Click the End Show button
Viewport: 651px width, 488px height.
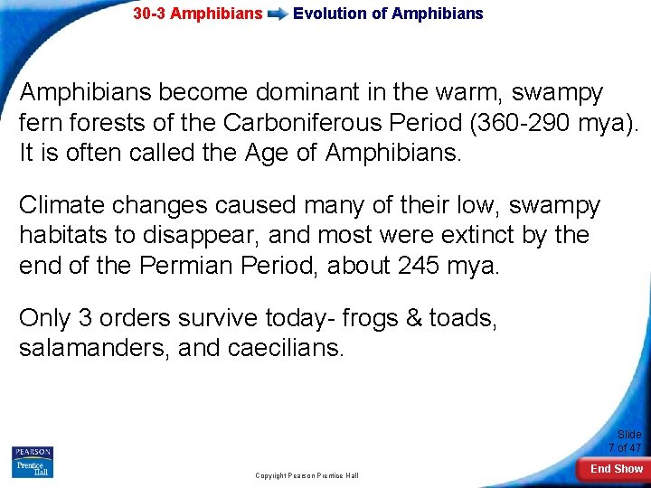(616, 468)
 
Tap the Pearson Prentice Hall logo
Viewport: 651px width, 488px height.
(32, 462)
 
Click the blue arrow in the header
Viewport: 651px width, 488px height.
(278, 14)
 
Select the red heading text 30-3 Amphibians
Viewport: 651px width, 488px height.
(197, 14)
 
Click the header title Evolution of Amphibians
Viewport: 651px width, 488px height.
(388, 14)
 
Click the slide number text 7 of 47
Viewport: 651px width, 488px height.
(625, 448)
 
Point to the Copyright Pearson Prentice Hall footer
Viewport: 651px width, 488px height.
(307, 475)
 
